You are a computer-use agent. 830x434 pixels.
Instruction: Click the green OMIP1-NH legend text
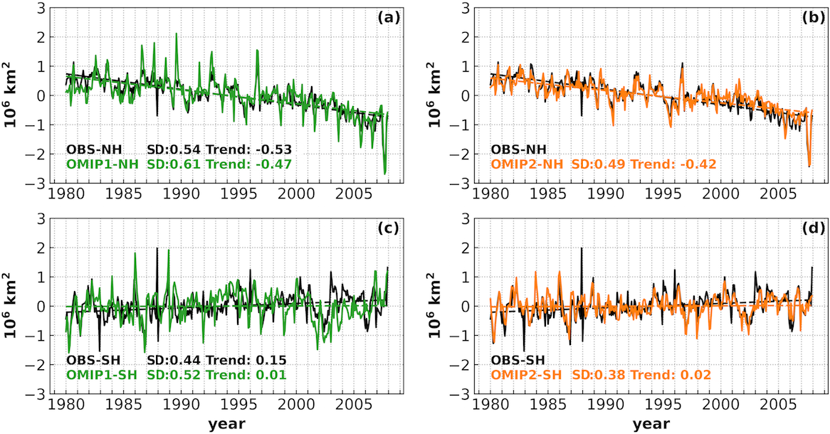[x=101, y=164]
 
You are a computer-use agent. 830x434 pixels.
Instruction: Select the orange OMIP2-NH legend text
[x=526, y=164]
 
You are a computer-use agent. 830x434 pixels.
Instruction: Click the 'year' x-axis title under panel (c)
[x=227, y=424]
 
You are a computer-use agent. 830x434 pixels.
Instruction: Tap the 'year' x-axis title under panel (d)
[x=651, y=424]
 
